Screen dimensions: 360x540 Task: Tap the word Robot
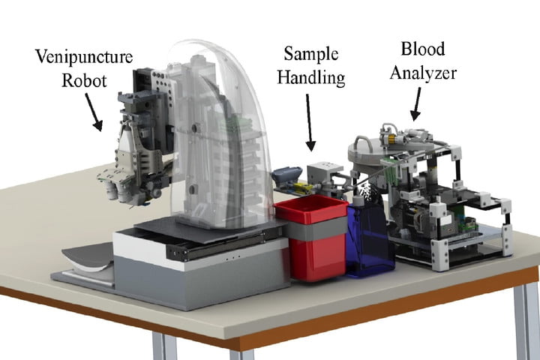(x=83, y=79)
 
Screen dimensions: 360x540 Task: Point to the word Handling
(x=313, y=77)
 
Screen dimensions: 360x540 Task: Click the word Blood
(x=421, y=49)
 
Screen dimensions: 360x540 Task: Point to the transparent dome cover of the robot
(x=217, y=127)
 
